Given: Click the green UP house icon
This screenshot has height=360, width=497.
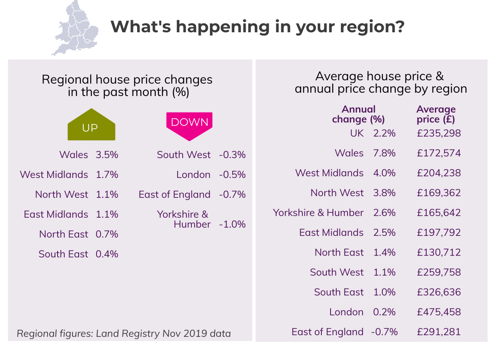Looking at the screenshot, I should (91, 125).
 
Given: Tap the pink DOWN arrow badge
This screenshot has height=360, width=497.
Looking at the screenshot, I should (189, 122).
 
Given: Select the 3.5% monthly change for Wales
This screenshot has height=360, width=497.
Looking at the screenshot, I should (107, 155).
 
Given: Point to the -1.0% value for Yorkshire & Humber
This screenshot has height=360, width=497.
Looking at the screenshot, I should (232, 224).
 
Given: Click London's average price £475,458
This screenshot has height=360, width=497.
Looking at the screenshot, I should (439, 312).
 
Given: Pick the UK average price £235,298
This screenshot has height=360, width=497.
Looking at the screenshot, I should (439, 133).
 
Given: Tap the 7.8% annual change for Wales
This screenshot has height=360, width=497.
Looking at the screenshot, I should (384, 153).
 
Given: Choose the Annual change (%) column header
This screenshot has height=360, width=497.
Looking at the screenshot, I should (359, 115).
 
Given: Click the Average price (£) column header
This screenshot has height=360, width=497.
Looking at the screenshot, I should (436, 115).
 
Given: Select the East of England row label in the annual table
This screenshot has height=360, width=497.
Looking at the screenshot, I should (327, 332).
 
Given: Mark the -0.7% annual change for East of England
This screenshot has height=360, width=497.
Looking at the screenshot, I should (384, 332).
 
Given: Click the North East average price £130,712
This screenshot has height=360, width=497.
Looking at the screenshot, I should (439, 252).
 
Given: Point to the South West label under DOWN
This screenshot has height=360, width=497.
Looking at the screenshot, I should (183, 155).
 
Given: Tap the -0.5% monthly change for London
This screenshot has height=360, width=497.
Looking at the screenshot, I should (232, 175).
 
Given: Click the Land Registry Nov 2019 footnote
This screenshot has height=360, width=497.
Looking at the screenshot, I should (124, 334).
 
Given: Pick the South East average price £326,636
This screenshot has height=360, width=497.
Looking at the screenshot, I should (439, 292).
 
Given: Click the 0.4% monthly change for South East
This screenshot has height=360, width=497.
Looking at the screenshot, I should (107, 254).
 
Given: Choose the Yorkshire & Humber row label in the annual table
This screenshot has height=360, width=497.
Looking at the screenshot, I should (318, 213).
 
